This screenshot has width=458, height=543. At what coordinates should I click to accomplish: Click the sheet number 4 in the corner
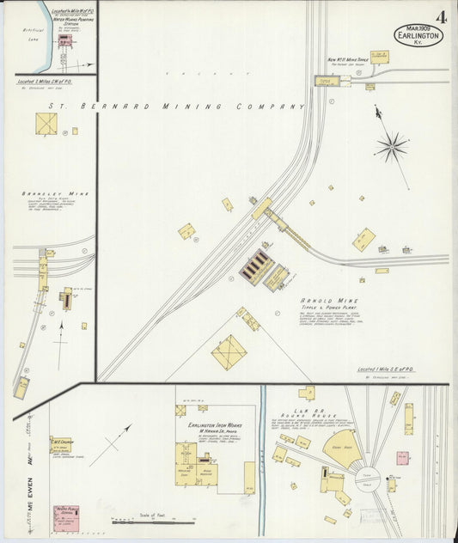point(441,16)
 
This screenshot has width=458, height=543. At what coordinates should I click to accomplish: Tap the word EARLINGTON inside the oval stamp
point(418,36)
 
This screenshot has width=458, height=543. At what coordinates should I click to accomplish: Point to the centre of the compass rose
point(392,146)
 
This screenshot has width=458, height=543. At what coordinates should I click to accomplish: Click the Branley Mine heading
point(43,193)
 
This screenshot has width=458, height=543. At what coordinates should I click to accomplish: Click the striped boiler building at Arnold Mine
point(254,265)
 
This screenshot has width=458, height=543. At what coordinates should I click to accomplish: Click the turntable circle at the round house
point(368,478)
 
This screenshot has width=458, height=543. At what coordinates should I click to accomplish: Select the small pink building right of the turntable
point(401,458)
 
